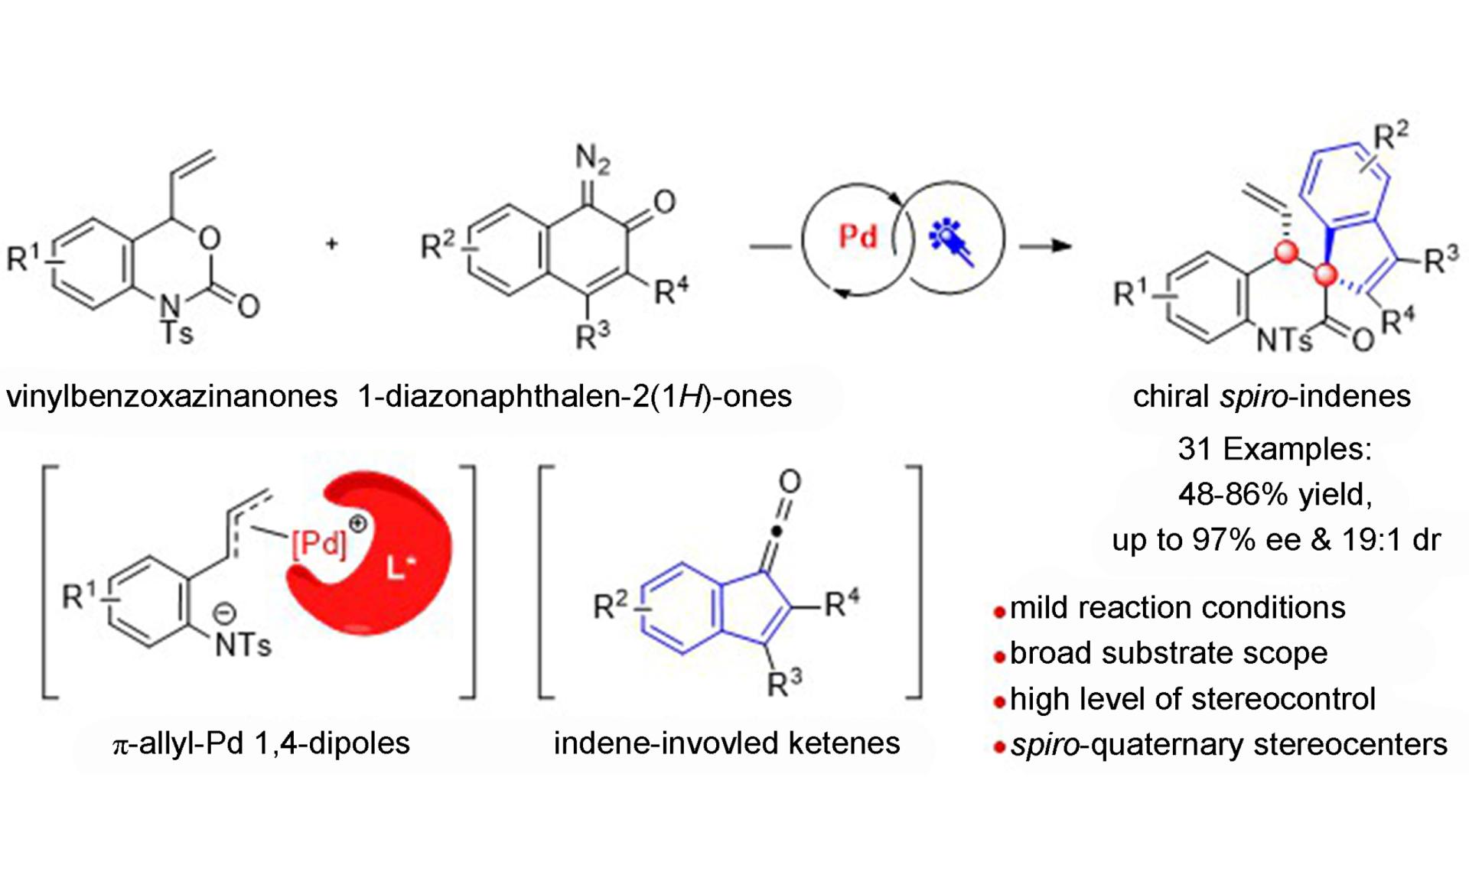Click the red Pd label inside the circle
pos(858,236)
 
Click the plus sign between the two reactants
pos(331,244)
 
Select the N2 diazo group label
pos(592,158)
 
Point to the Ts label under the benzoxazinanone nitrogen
pos(177,333)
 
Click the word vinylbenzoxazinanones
pos(172,396)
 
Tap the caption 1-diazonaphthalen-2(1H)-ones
pos(575,396)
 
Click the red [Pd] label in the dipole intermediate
pos(318,544)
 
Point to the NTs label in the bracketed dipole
pos(243,645)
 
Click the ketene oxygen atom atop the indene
pos(790,482)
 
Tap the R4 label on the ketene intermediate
pos(842,604)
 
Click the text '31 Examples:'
pos(1275,449)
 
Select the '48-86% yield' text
pos(1275,495)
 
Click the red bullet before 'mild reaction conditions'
pos(998,612)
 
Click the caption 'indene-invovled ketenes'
pos(727,743)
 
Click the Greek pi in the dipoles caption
pos(119,745)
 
